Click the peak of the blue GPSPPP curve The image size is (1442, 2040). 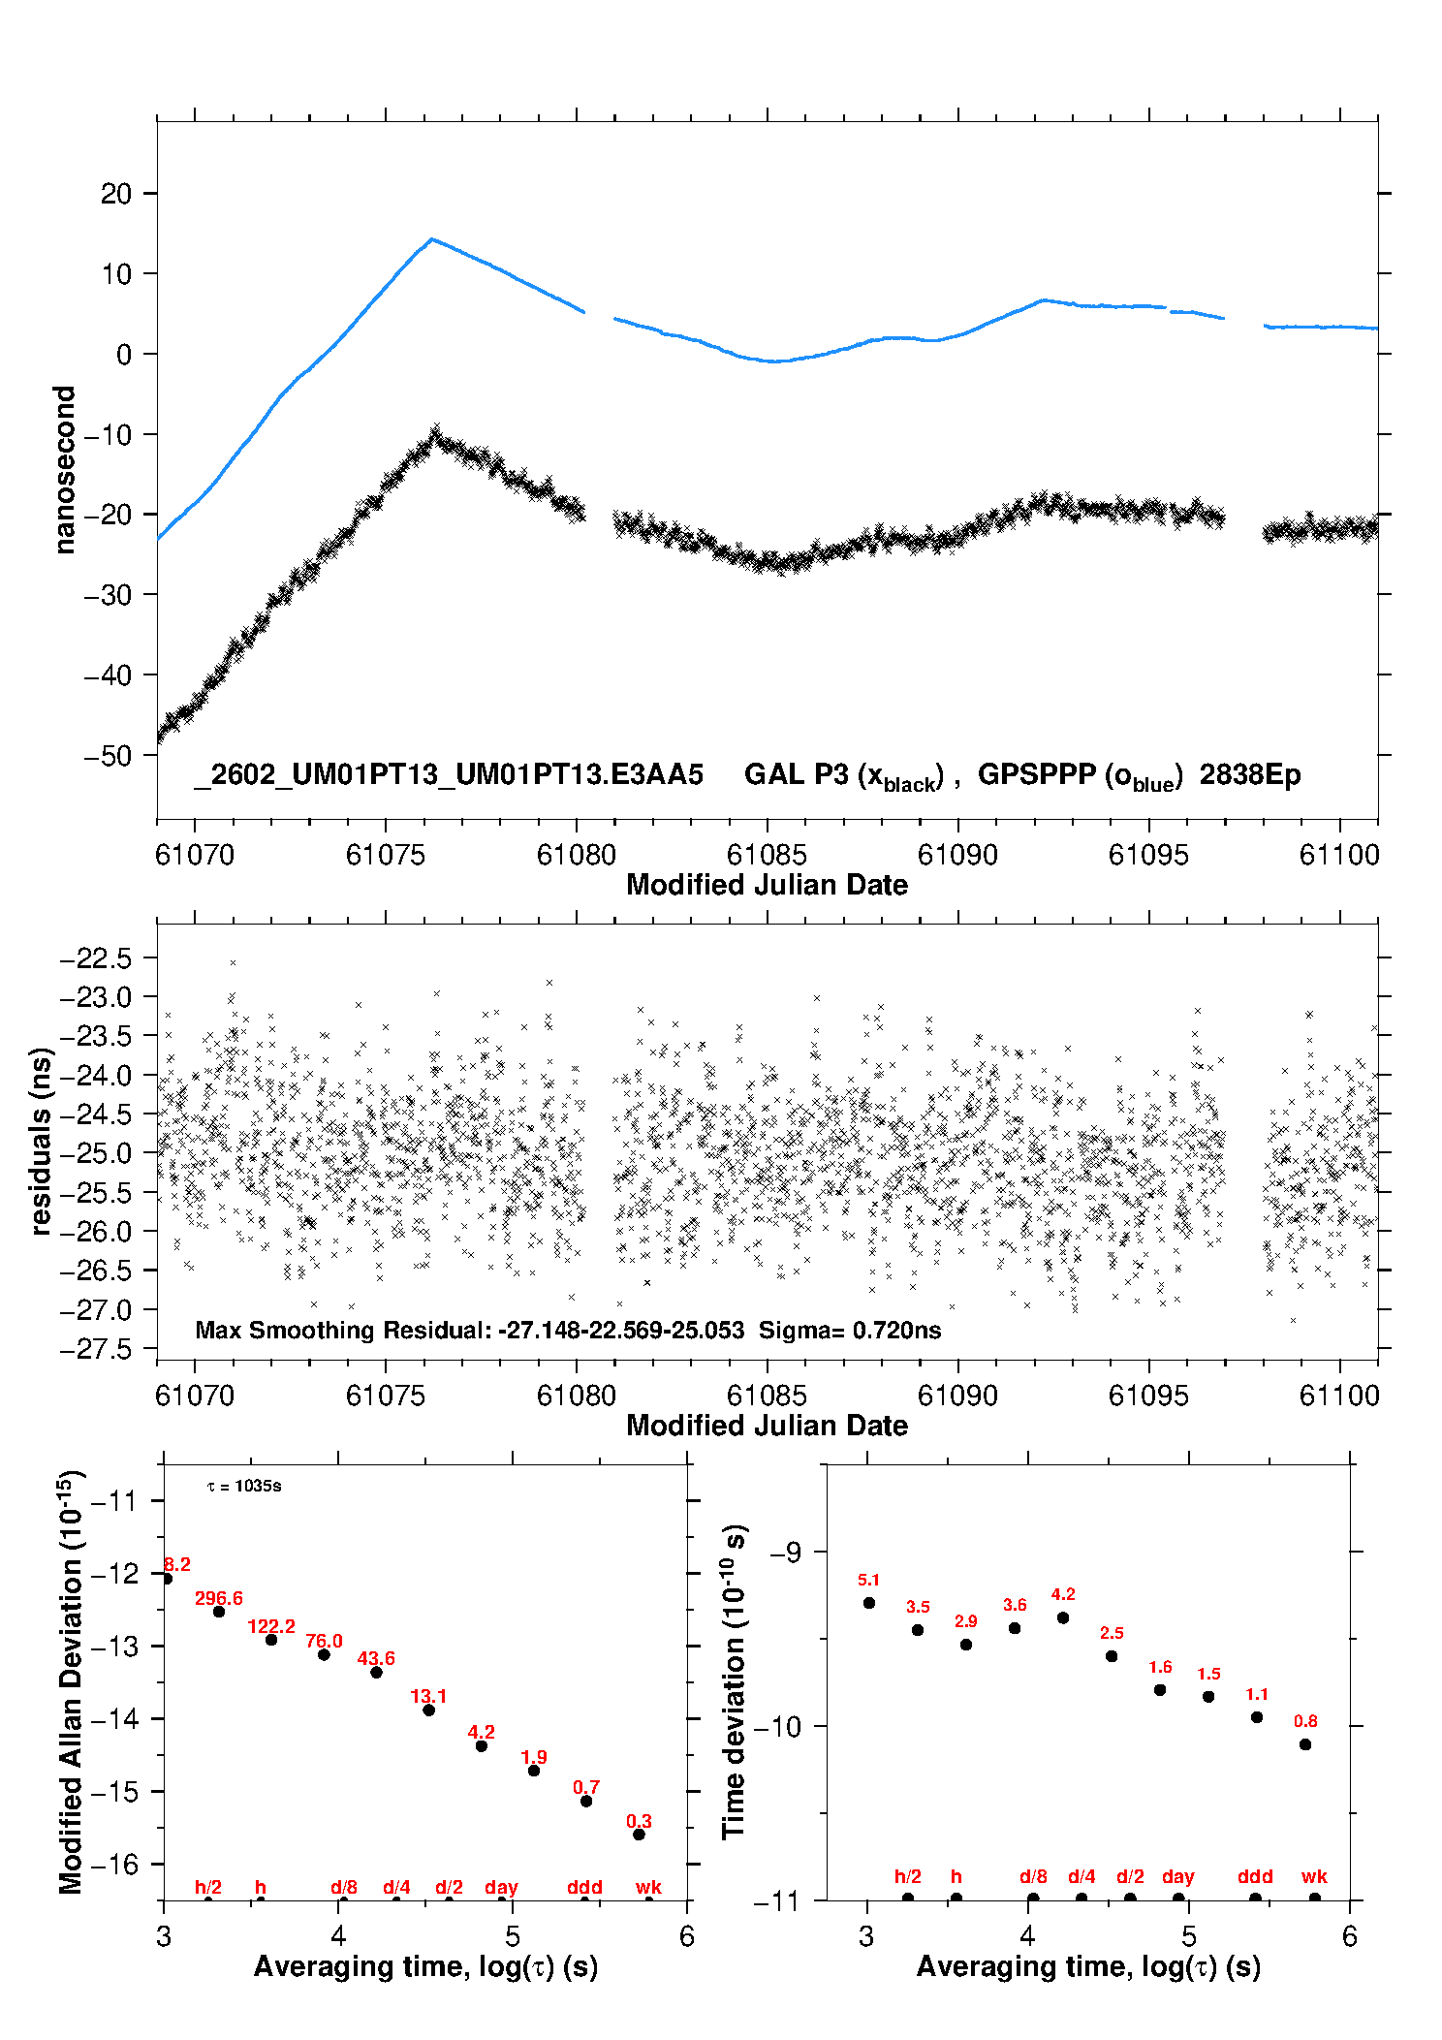[x=431, y=239]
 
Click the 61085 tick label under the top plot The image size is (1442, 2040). [x=767, y=855]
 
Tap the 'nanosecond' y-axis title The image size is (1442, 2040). [x=64, y=470]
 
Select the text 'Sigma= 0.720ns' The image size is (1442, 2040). [x=850, y=1330]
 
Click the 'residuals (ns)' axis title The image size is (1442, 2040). [x=41, y=1141]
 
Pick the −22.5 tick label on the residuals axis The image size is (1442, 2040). [x=95, y=958]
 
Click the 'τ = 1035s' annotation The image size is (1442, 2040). [x=244, y=1486]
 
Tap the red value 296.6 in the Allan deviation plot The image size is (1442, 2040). [x=219, y=1598]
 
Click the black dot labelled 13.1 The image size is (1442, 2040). [x=428, y=1710]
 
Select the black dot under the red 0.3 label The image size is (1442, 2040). [x=639, y=1834]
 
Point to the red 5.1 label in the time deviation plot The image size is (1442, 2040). [x=868, y=1580]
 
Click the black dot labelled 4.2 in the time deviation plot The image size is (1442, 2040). [x=1063, y=1617]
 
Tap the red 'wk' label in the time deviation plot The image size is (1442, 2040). [x=1314, y=1876]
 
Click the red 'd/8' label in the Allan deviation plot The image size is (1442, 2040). [x=344, y=1887]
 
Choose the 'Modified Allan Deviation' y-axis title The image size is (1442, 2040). [x=72, y=1680]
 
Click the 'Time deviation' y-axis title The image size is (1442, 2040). [x=735, y=1680]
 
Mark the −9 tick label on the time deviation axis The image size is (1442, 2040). [x=785, y=1553]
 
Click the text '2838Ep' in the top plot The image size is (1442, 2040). [x=1250, y=774]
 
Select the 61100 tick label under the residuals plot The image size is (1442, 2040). [x=1339, y=1396]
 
